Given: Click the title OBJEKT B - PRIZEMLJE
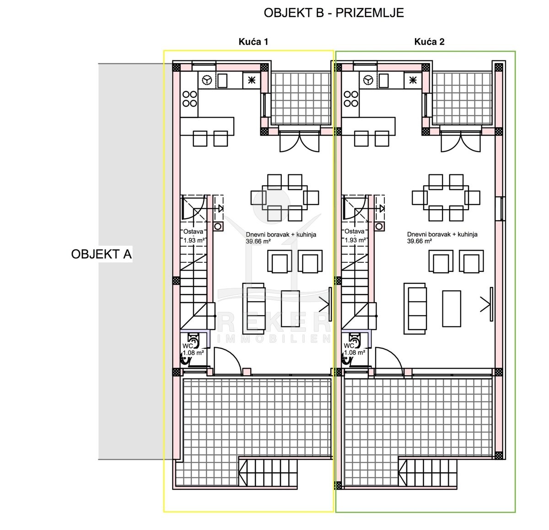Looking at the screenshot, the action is click(334, 13).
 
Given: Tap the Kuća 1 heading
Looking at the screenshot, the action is click(253, 42).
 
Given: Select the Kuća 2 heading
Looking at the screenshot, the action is click(429, 42).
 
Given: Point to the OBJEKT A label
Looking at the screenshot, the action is click(101, 254).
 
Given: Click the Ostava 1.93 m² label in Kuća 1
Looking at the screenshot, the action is click(194, 236).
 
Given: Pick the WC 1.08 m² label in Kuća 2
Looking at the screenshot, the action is click(355, 349).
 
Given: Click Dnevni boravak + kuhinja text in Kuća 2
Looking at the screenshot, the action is click(442, 234).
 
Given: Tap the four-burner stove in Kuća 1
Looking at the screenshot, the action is click(189, 99).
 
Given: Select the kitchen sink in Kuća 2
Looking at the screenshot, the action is click(383, 81).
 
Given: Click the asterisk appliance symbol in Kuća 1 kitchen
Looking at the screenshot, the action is click(251, 81).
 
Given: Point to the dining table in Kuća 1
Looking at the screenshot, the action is click(285, 198).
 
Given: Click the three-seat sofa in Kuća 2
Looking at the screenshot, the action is click(415, 309).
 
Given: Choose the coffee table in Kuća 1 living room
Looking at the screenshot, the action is click(291, 308).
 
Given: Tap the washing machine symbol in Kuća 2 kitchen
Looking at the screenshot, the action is click(368, 81).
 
